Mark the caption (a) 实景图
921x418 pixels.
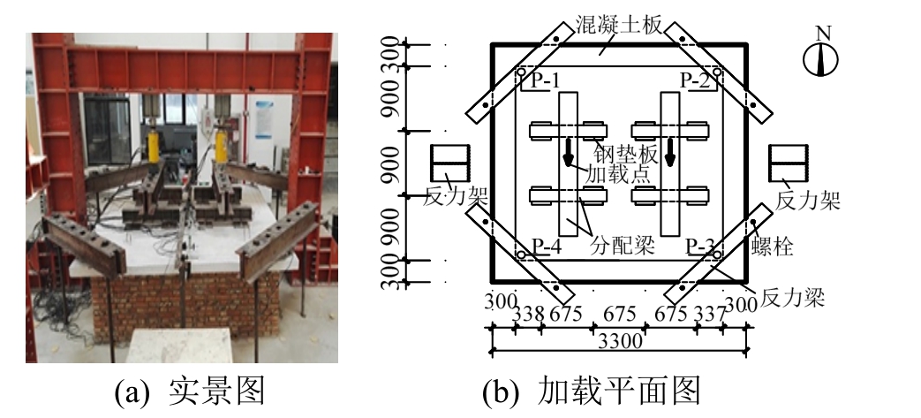pyautogui.click(x=190, y=390)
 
